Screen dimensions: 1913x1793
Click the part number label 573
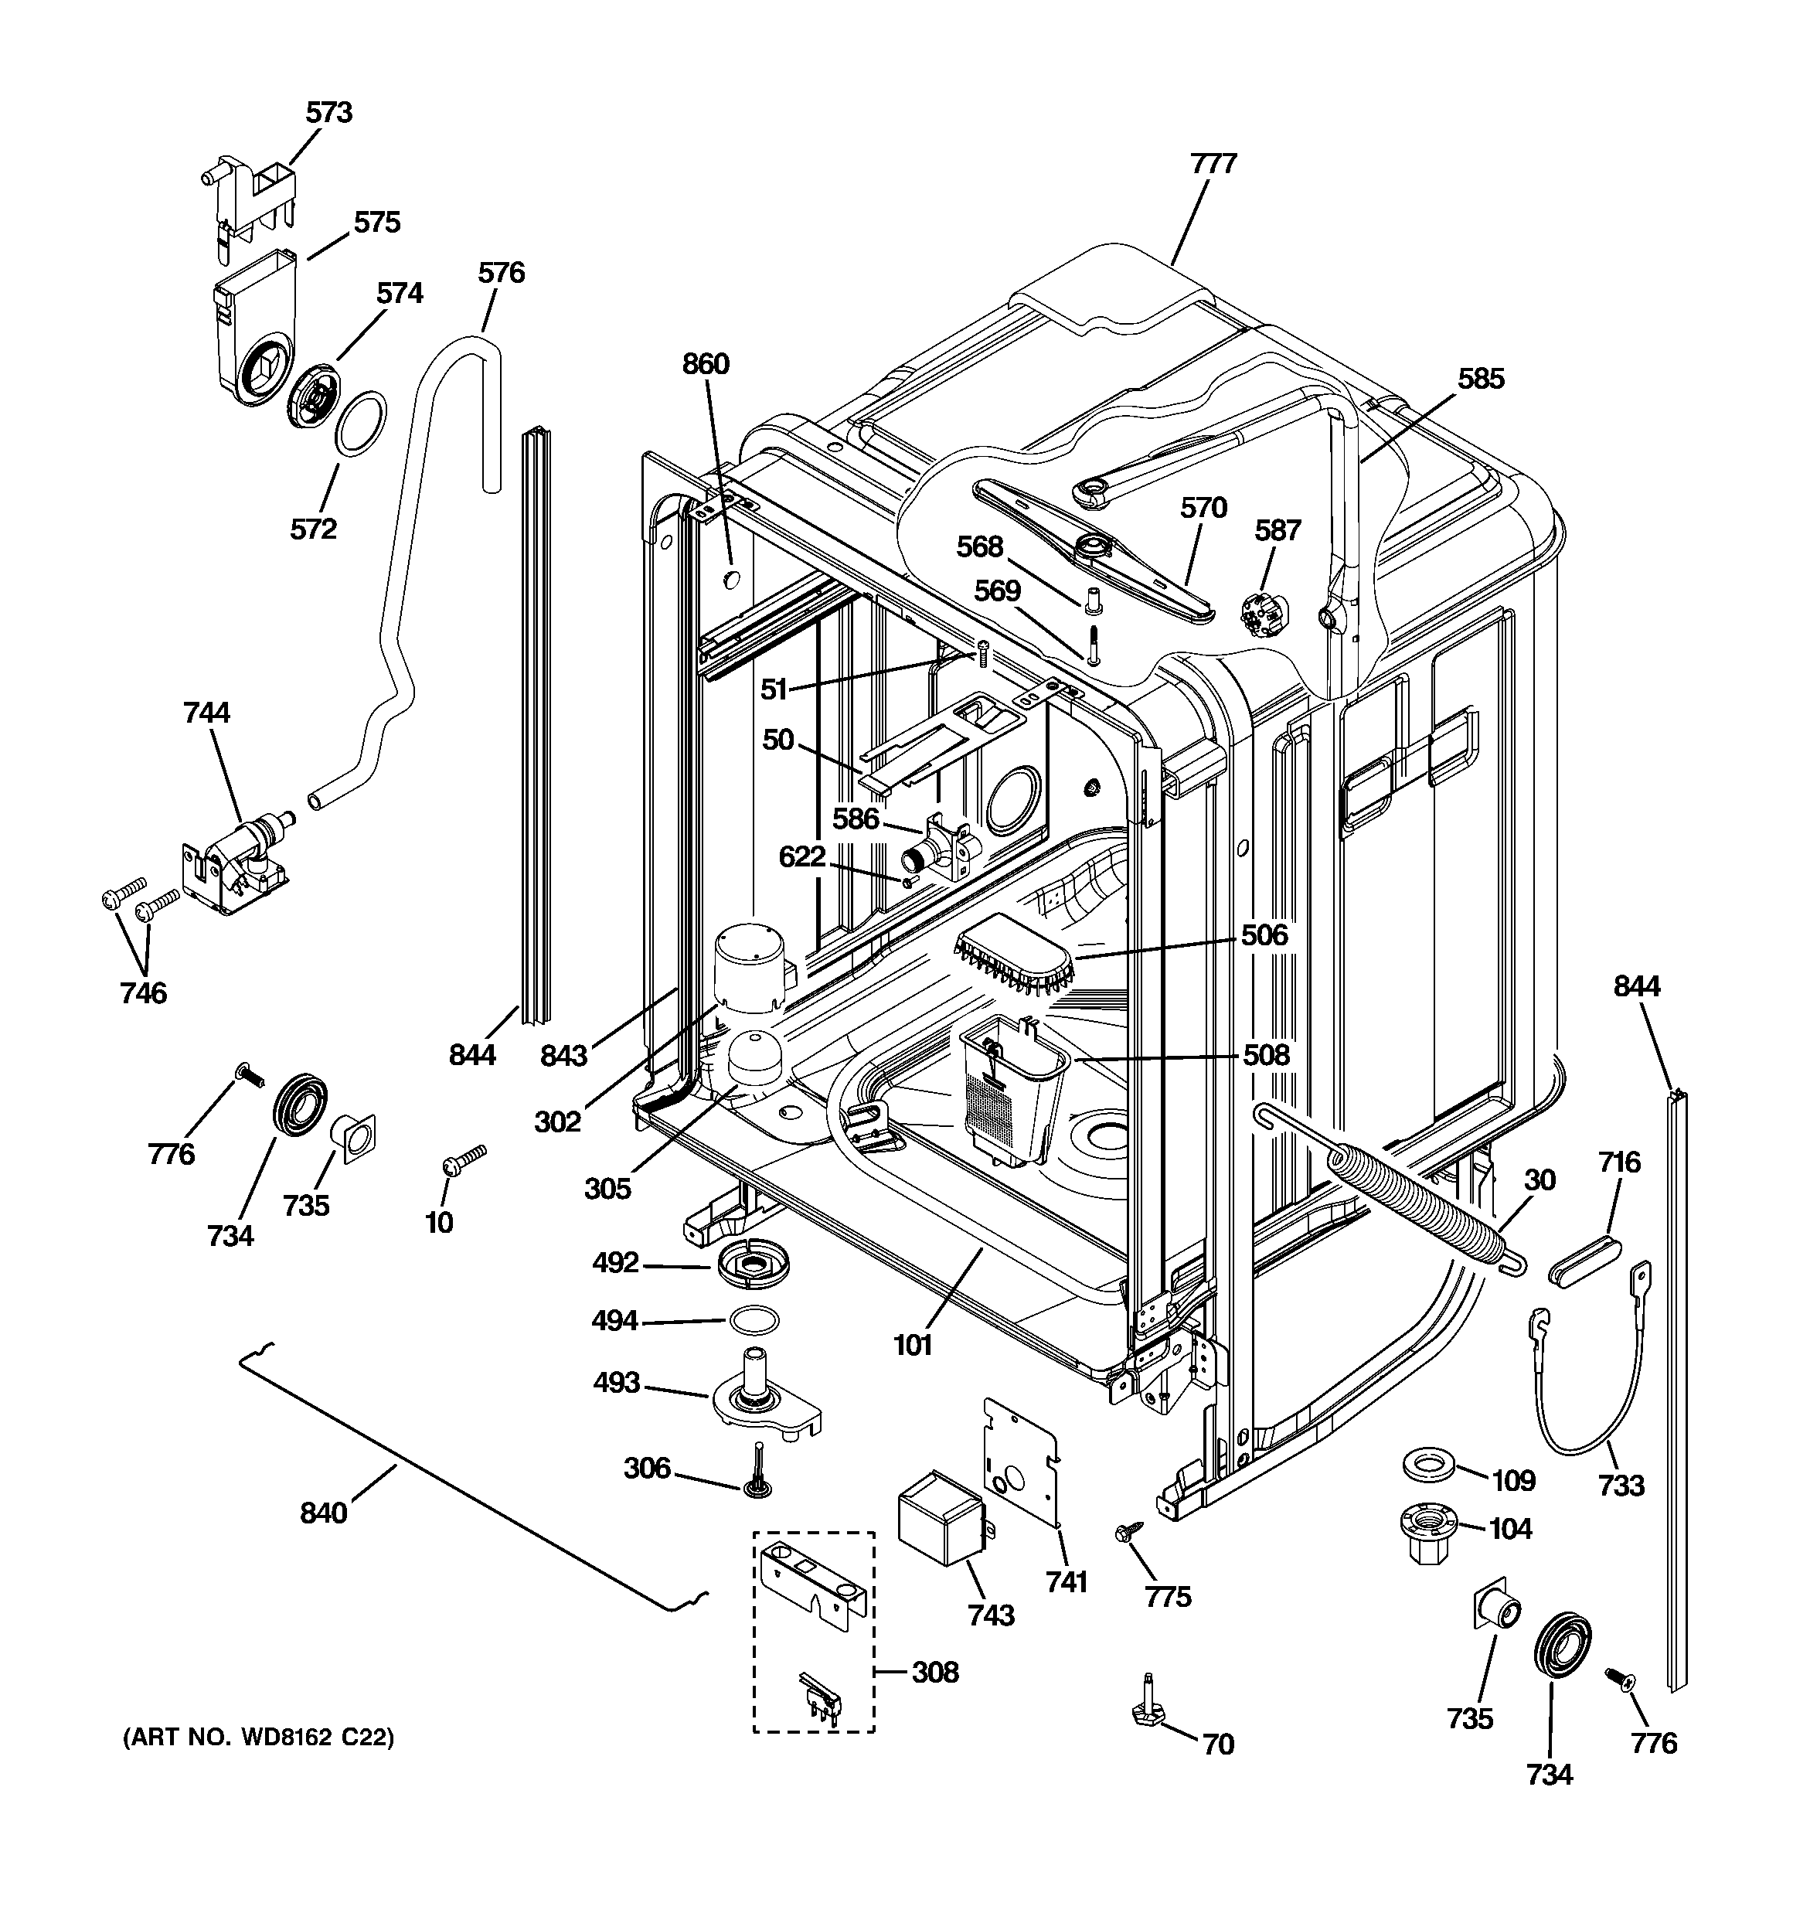click(329, 113)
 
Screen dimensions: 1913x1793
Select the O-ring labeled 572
click(361, 423)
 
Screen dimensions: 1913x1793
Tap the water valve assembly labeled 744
click(240, 856)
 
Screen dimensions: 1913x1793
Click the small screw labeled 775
click(1127, 1529)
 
